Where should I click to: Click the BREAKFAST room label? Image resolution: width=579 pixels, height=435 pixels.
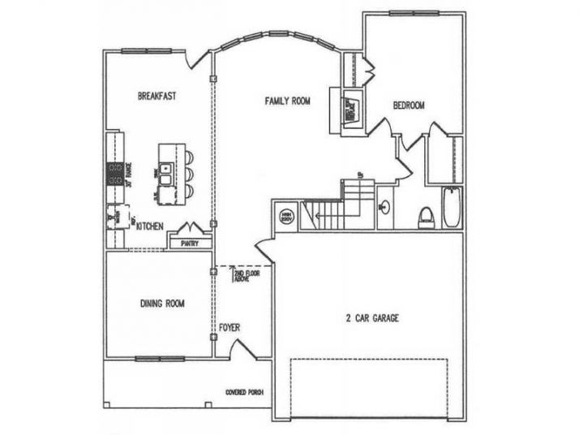tap(157, 95)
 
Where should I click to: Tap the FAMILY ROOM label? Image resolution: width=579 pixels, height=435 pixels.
tap(288, 101)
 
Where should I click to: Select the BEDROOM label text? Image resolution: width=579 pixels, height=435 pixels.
tap(410, 105)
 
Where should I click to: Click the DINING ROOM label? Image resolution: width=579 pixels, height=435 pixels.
tap(162, 304)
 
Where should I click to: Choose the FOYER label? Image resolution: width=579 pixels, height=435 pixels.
tap(229, 328)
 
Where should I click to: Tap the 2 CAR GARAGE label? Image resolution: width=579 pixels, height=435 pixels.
tap(372, 318)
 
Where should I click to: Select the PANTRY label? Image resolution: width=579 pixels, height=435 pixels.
tap(190, 242)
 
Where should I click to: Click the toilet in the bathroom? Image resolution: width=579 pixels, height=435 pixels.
tap(424, 217)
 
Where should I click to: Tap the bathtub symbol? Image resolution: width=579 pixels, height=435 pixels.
tap(451, 206)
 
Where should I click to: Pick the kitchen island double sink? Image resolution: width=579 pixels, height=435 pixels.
tap(165, 173)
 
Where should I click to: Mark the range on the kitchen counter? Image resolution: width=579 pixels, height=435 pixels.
tap(113, 172)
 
